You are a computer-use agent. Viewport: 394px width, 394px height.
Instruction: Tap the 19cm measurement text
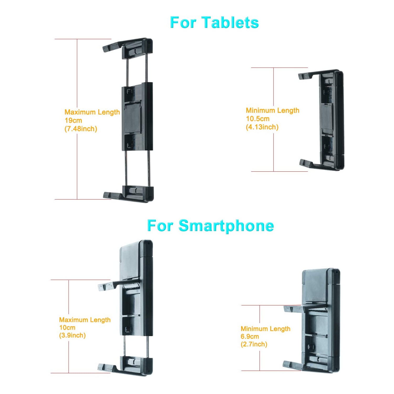73,121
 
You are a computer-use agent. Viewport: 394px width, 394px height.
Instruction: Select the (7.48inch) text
81,129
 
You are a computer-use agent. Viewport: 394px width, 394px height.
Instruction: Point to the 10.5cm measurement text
258,119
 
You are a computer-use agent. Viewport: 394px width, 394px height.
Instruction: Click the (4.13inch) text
262,127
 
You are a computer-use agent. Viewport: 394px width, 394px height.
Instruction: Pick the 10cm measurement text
67,328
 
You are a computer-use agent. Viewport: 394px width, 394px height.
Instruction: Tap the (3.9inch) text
72,335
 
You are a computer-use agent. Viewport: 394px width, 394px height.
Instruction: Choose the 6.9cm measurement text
250,336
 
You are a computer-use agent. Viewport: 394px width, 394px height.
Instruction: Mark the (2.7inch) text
254,344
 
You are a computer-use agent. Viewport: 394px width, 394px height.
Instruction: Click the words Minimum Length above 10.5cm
272,110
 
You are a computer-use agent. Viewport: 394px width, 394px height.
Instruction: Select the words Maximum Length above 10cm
85,320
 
